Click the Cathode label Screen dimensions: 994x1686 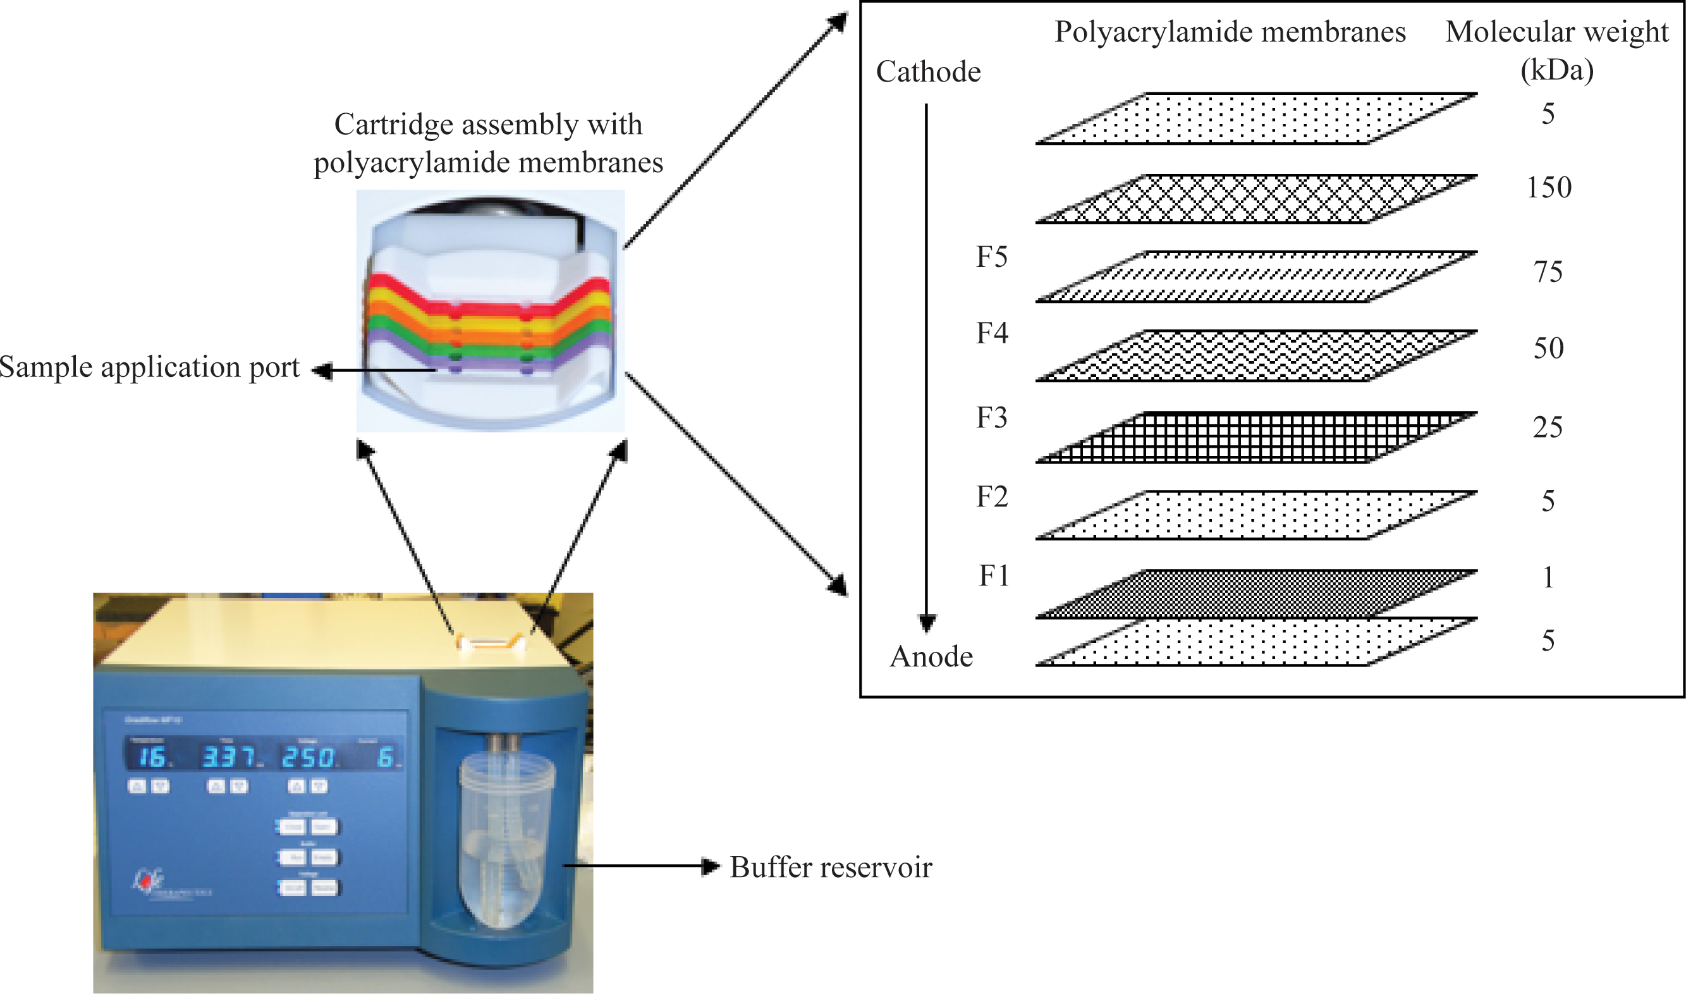pyautogui.click(x=928, y=71)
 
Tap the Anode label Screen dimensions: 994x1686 pyautogui.click(x=931, y=656)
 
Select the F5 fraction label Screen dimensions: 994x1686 pyautogui.click(x=992, y=257)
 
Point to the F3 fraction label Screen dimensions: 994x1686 pyautogui.click(x=992, y=417)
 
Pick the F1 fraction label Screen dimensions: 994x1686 pyautogui.click(x=994, y=575)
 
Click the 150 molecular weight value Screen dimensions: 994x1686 pyautogui.click(x=1549, y=188)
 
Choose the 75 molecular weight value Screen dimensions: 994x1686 pyautogui.click(x=1548, y=272)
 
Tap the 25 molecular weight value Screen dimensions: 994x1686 pyautogui.click(x=1548, y=427)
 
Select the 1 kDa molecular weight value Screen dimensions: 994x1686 pyautogui.click(x=1548, y=577)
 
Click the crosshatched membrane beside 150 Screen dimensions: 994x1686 pyautogui.click(x=1256, y=199)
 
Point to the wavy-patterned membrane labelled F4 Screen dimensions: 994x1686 pyautogui.click(x=1256, y=355)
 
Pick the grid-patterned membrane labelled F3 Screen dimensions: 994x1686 pyautogui.click(x=1256, y=438)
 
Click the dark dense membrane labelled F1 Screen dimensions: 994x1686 pyautogui.click(x=1256, y=594)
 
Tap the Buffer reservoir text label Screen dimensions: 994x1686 pyautogui.click(x=830, y=868)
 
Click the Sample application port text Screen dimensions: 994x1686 pyautogui.click(x=149, y=367)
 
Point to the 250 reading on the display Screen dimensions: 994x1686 pyautogui.click(x=308, y=758)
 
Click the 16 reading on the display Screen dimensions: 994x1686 pyautogui.click(x=152, y=758)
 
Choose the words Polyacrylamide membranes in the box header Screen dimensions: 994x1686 pyautogui.click(x=1230, y=32)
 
